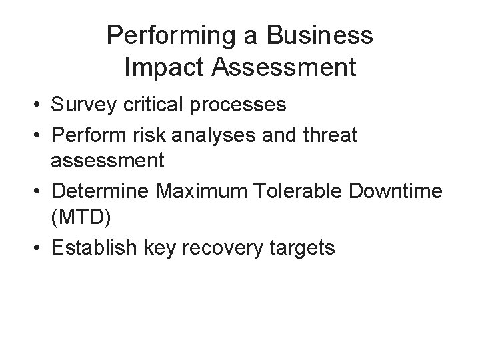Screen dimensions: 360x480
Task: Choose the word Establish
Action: (x=93, y=249)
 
